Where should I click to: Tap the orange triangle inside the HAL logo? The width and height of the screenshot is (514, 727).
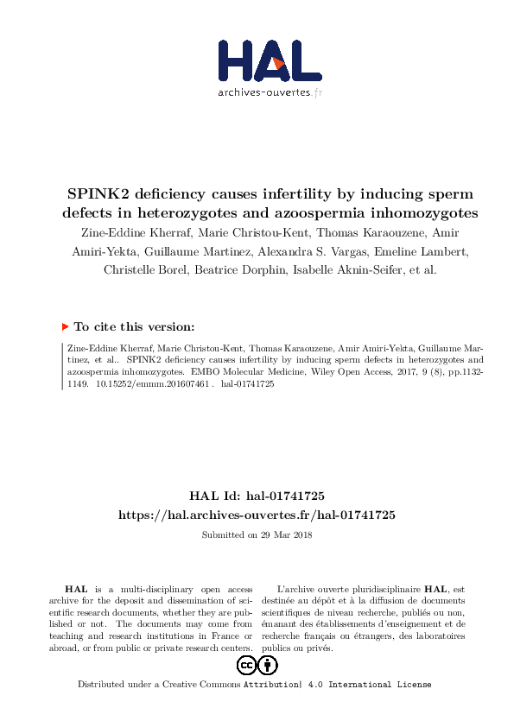(278, 62)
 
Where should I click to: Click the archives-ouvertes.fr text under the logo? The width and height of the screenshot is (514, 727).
(270, 92)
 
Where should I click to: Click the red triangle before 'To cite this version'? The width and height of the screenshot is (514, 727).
(66, 326)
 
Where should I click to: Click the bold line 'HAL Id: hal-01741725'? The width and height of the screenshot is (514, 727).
(257, 496)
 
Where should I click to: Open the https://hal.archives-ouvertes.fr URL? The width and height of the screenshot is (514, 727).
(257, 514)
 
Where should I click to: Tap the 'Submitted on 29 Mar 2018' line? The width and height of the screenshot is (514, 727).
(257, 534)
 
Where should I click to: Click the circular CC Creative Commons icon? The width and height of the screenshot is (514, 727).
(245, 665)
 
